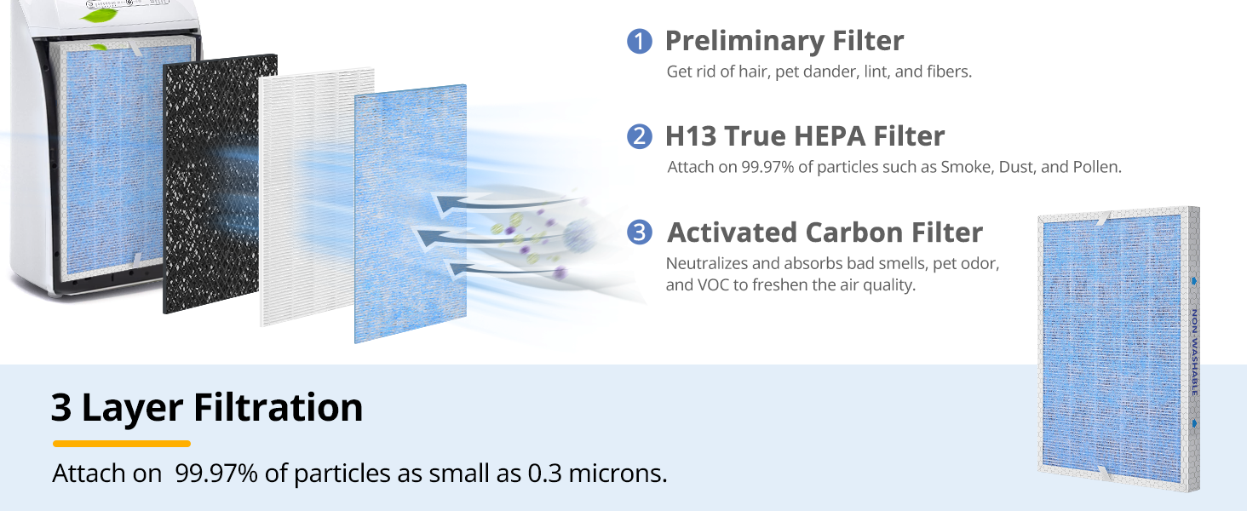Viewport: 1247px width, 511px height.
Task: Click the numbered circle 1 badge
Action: [639, 41]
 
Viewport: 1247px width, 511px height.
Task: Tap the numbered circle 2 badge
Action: [639, 136]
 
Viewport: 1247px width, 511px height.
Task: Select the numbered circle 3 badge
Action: [639, 233]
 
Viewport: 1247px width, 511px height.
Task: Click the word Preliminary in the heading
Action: [744, 42]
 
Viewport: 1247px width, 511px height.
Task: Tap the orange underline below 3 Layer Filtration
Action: [121, 444]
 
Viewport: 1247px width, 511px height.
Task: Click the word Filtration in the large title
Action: [278, 407]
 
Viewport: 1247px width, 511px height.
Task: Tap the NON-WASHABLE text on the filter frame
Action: [1194, 353]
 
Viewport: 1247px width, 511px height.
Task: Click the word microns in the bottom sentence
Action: [618, 474]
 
